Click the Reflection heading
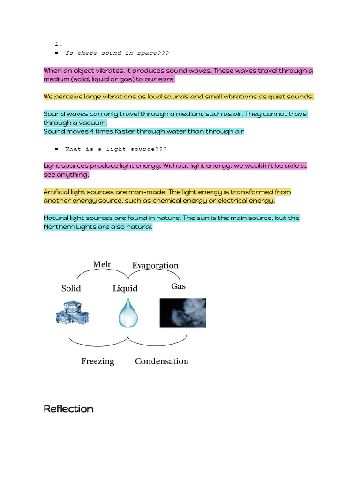pos(68,409)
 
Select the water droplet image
pos(128,313)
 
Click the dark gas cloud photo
pos(182,312)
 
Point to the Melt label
pos(102,264)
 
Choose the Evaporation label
pos(155,265)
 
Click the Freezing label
pos(98,361)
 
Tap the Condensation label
pos(161,361)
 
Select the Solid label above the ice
pos(71,288)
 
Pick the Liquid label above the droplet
pos(125,288)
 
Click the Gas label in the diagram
pos(178,286)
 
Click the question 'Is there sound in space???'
pos(117,53)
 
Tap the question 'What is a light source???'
pos(116,149)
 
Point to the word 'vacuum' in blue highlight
pos(92,123)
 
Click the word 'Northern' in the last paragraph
pos(59,227)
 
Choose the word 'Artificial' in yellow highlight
pos(56,192)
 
